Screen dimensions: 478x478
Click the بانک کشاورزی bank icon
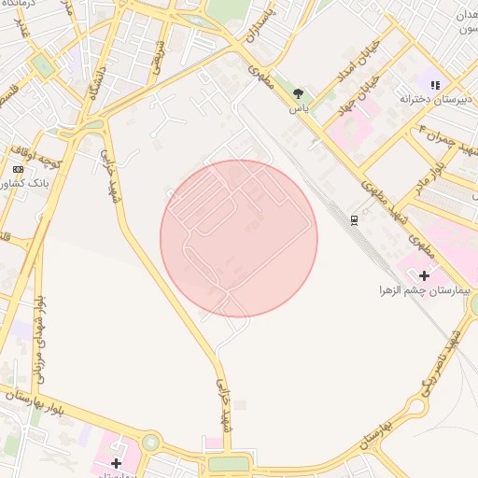(18, 169)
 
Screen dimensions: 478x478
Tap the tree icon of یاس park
(298, 93)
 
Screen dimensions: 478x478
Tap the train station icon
(354, 219)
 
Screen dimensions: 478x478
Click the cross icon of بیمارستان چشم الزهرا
(425, 275)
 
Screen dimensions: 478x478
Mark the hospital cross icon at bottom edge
(116, 463)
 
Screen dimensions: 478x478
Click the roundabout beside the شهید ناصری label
(474, 303)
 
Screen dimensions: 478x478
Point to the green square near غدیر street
(42, 64)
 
